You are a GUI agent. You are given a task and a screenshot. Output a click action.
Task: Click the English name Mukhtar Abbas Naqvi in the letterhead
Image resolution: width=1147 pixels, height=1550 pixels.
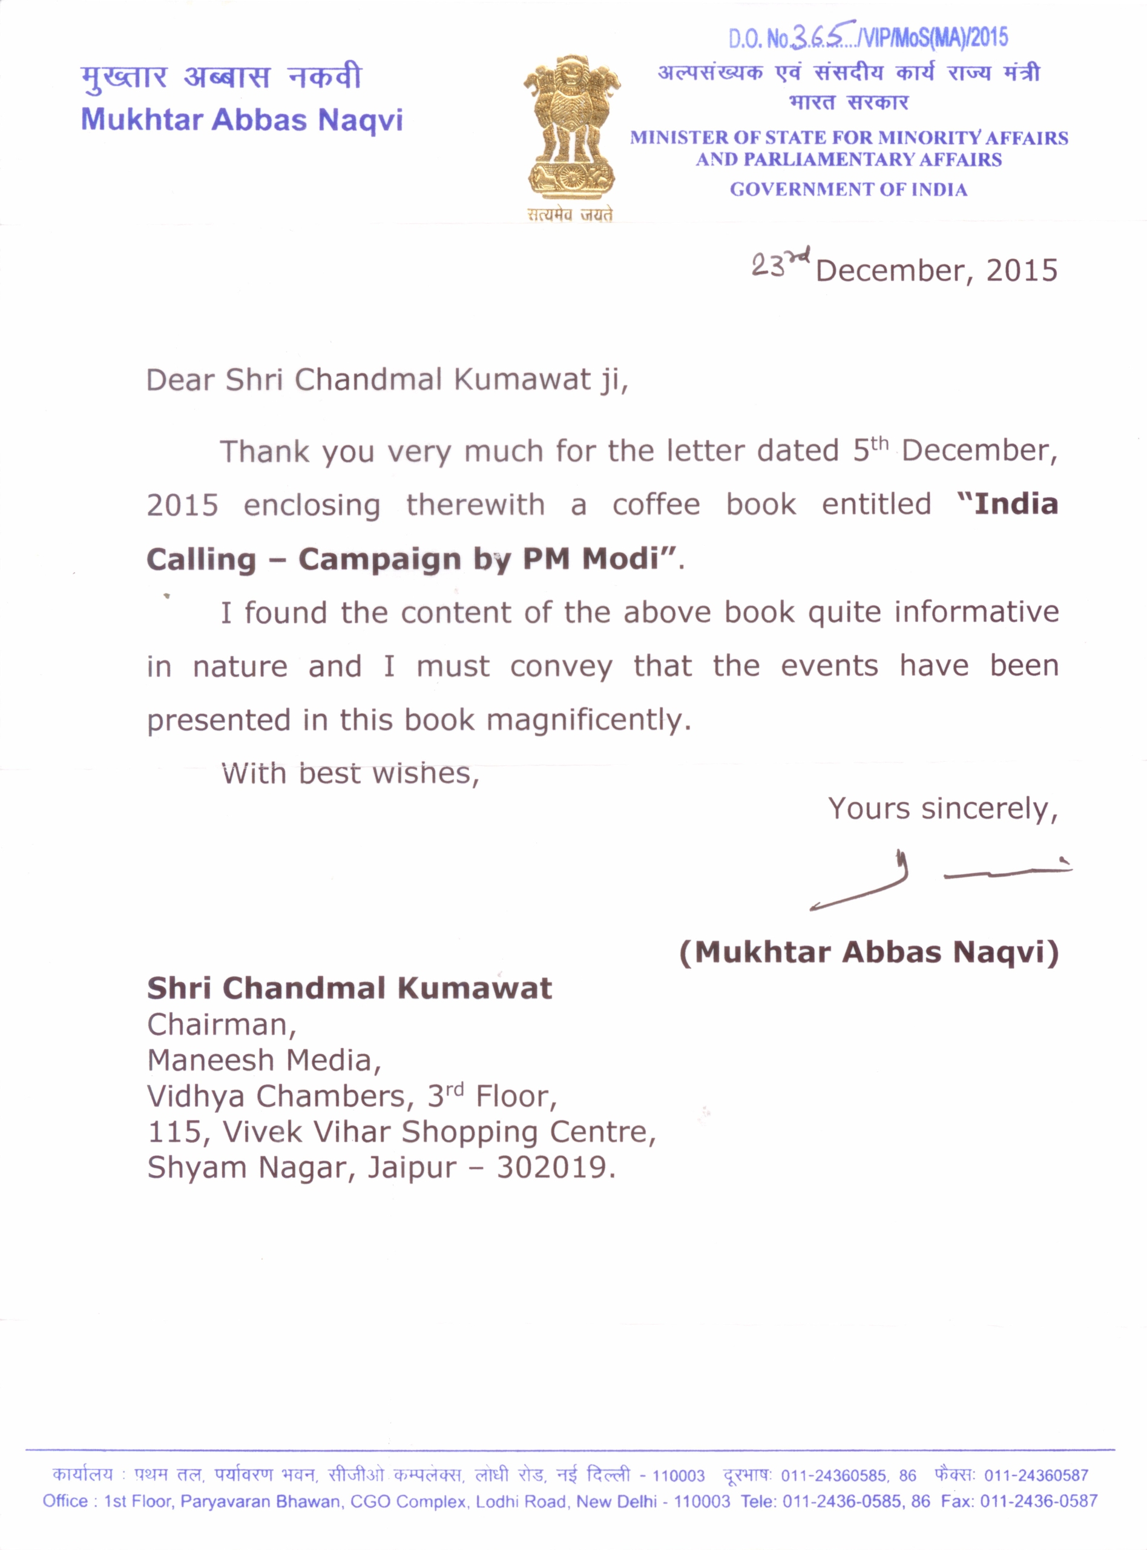click(242, 120)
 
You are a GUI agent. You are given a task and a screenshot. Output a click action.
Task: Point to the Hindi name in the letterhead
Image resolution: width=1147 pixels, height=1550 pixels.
click(221, 76)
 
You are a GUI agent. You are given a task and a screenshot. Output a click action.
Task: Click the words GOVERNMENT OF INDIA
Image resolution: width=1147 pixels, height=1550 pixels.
click(848, 190)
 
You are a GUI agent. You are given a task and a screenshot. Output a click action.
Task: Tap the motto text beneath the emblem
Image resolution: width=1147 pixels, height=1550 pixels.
click(570, 216)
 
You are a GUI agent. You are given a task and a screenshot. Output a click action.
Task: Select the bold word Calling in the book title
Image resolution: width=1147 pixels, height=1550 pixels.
click(202, 559)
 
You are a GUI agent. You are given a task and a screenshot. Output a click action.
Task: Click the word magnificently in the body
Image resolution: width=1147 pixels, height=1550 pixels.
click(588, 719)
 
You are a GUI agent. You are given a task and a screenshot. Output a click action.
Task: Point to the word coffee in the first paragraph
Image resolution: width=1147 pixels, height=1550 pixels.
click(656, 505)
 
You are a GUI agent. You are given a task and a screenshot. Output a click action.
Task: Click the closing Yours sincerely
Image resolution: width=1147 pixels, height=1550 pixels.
click(942, 808)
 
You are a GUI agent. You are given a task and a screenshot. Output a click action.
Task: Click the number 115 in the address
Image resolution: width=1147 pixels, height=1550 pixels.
click(173, 1132)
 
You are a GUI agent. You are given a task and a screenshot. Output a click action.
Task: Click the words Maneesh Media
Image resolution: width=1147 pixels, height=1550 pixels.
click(263, 1060)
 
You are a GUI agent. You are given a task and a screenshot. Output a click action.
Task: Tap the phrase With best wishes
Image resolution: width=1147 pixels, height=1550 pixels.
click(350, 773)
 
